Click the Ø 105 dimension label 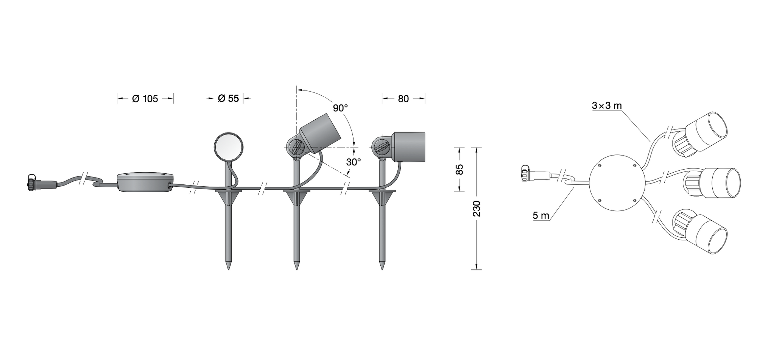click(x=145, y=99)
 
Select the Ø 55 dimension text click(x=229, y=98)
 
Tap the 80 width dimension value click(x=403, y=99)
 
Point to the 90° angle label click(x=340, y=108)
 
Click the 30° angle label click(x=354, y=162)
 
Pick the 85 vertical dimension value click(x=459, y=169)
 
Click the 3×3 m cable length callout click(x=607, y=106)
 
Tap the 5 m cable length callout click(x=540, y=216)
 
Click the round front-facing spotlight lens click(x=229, y=147)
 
